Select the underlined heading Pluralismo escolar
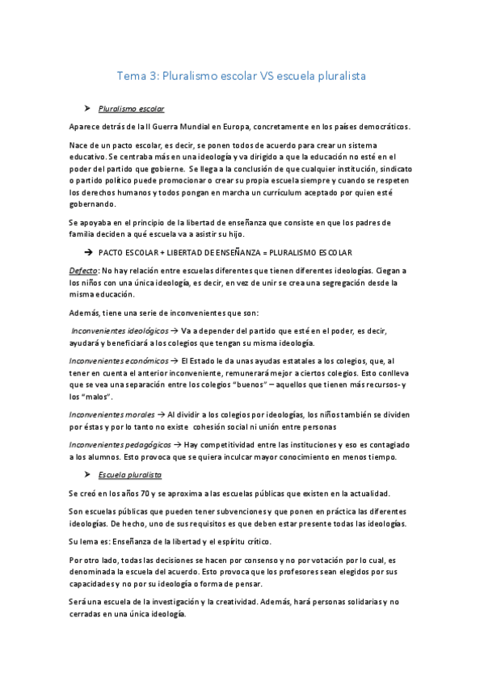click(x=132, y=107)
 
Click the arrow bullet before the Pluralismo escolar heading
click(x=86, y=107)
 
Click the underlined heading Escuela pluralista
click(x=129, y=475)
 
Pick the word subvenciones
click(x=231, y=512)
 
